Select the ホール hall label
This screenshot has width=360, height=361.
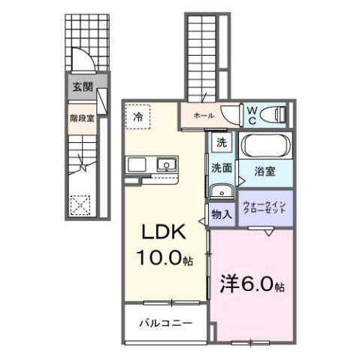click(204, 116)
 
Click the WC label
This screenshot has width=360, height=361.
click(253, 115)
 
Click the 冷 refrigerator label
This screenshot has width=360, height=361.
click(138, 117)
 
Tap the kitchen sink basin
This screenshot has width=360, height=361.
click(165, 164)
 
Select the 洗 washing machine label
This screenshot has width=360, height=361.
click(221, 143)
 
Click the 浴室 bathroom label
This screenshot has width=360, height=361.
click(264, 171)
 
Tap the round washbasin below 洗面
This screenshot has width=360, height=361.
click(222, 190)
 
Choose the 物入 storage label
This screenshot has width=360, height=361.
click(221, 214)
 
